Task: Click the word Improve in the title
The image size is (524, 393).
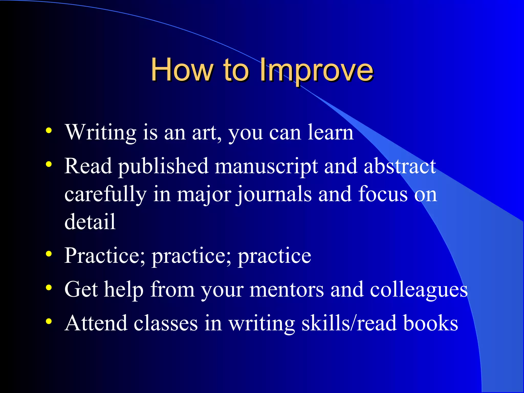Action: [x=316, y=70]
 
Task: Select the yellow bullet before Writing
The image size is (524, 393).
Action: [x=49, y=131]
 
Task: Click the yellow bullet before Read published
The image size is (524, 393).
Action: [x=49, y=164]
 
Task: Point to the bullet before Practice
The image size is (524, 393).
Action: [x=49, y=254]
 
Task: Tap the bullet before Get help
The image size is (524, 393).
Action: [x=49, y=288]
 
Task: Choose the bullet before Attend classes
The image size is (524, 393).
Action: [x=49, y=321]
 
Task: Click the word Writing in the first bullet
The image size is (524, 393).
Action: [x=101, y=133]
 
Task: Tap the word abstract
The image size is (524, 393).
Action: [x=400, y=166]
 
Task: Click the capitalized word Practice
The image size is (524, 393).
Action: [x=105, y=256]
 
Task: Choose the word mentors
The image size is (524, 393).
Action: [x=287, y=290]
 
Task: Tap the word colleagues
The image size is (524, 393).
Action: [x=419, y=290]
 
